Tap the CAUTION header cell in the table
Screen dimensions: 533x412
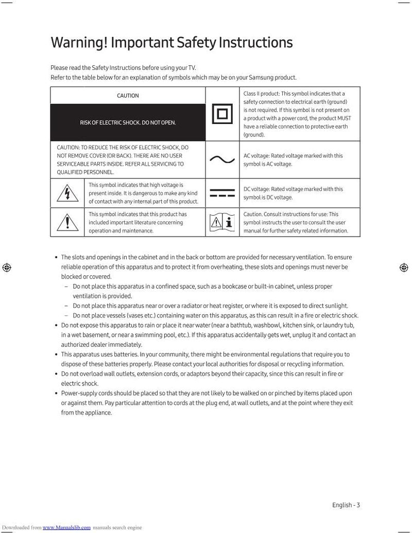coord(128,96)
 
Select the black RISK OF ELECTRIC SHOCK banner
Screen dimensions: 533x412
coord(128,122)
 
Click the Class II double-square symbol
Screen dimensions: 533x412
coord(222,114)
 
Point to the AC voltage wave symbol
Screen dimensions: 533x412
coord(222,159)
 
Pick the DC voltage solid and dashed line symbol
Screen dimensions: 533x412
coord(222,193)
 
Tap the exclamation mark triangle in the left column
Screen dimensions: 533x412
coord(67,222)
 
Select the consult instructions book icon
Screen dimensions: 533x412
coord(222,222)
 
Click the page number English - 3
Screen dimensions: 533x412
coord(346,505)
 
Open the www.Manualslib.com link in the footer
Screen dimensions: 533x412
coord(66,527)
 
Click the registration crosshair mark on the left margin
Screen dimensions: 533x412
coord(6,267)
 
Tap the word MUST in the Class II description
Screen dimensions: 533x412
coord(344,118)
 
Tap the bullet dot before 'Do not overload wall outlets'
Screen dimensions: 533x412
coord(56,374)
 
